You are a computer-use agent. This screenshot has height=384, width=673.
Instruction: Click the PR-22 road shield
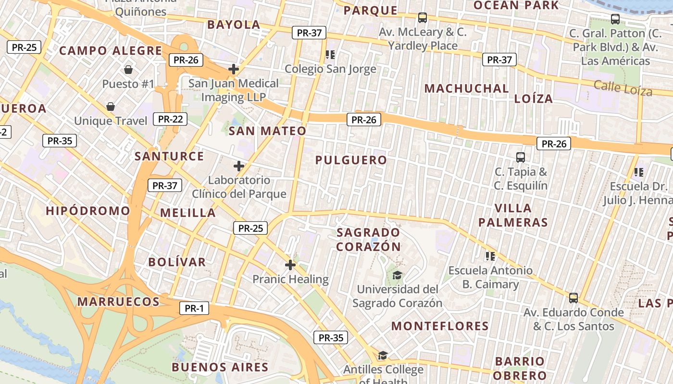click(170, 119)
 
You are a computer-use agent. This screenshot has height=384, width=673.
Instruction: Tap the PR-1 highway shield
click(194, 308)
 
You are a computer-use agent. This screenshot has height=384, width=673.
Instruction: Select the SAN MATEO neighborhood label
click(267, 131)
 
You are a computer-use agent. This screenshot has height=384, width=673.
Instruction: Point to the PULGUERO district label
click(351, 160)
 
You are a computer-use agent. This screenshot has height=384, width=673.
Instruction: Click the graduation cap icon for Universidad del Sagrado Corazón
click(397, 276)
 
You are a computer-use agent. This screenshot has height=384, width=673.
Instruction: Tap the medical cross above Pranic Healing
click(290, 265)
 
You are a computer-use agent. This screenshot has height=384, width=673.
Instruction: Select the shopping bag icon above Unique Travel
click(111, 107)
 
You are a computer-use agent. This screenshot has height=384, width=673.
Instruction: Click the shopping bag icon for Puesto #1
click(128, 70)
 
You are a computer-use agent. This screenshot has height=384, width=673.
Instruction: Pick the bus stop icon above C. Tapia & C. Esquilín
click(520, 157)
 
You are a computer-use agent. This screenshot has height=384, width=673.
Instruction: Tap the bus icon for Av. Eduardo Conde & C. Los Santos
click(573, 298)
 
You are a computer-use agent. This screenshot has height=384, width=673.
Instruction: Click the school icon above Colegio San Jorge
click(330, 55)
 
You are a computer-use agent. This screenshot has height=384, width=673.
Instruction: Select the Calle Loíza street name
click(623, 88)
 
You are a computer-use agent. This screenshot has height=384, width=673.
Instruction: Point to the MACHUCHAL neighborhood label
click(466, 89)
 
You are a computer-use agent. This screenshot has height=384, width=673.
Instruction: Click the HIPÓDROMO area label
click(88, 211)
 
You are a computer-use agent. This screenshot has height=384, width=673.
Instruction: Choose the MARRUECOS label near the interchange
click(118, 302)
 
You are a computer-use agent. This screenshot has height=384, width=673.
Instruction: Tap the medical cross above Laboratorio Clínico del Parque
click(239, 167)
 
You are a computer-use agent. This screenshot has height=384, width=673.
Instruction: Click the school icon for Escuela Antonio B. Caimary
click(490, 256)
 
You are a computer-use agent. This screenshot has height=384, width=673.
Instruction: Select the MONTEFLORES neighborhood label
click(440, 326)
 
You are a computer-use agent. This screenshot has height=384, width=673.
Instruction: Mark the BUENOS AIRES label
click(220, 368)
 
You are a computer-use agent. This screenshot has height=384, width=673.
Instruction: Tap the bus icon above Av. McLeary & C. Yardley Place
click(423, 18)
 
